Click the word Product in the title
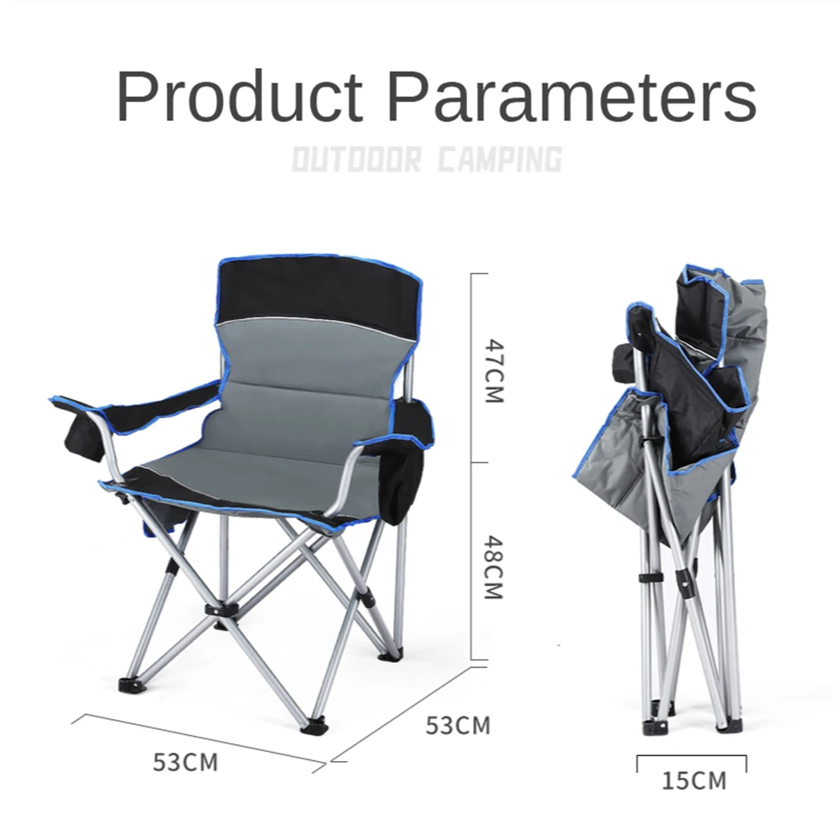[239, 97]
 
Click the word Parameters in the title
[572, 97]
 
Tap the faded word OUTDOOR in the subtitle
[357, 159]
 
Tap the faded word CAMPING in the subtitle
[501, 159]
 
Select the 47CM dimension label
[494, 370]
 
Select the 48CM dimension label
[494, 567]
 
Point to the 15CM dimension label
[695, 780]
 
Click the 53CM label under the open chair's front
[186, 762]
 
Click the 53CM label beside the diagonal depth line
[458, 726]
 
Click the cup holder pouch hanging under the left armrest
[83, 437]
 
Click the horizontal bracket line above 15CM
[691, 756]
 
